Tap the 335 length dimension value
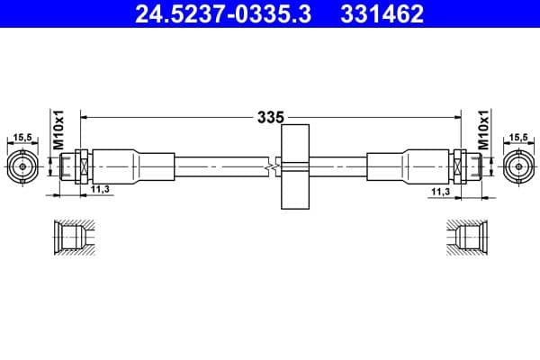tap(270, 117)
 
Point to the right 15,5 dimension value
tap(518, 138)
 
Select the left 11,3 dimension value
tap(101, 190)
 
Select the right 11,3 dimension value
tap(440, 191)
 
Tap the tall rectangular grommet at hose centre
tap(295, 166)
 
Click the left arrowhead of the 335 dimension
tap(85, 117)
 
